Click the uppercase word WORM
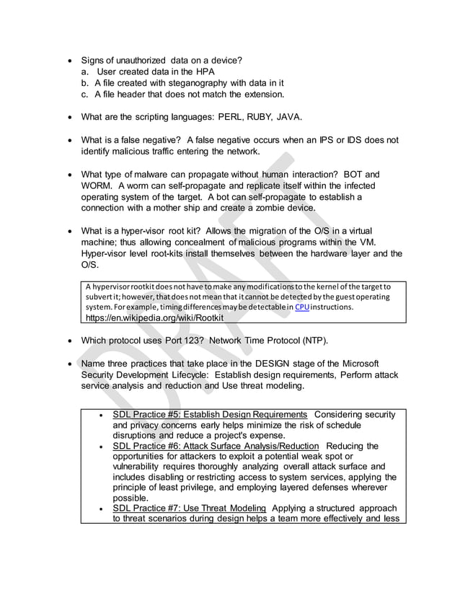tap(99, 186)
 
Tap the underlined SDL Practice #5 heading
tap(210, 414)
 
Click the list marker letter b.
tap(84, 82)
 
